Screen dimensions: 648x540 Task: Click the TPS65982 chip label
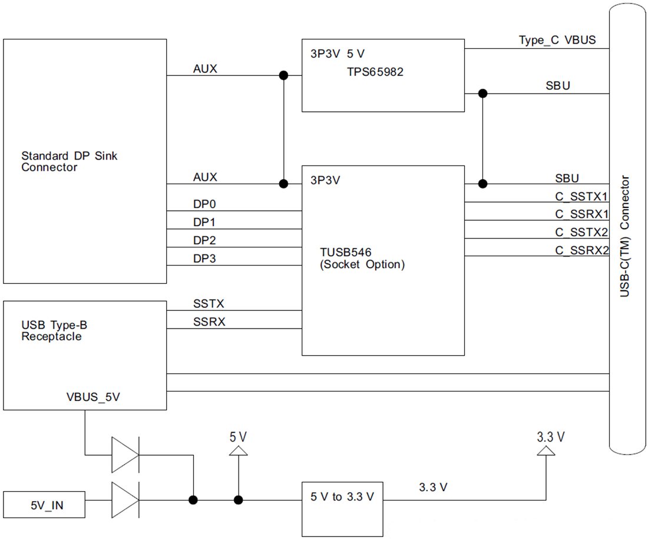pyautogui.click(x=375, y=72)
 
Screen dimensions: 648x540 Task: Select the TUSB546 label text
pyautogui.click(x=345, y=252)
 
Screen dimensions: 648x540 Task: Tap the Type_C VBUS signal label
pyautogui.click(x=557, y=40)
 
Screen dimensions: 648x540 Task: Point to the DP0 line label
pyautogui.click(x=204, y=204)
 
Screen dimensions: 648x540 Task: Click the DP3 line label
pyautogui.click(x=204, y=259)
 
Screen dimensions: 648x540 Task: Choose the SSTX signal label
pyautogui.click(x=209, y=304)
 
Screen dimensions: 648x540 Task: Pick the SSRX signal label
pyautogui.click(x=209, y=322)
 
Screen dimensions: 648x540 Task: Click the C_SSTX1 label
pyautogui.click(x=581, y=197)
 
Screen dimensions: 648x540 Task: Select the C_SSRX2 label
pyautogui.click(x=581, y=251)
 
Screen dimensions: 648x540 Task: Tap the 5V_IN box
pyautogui.click(x=44, y=505)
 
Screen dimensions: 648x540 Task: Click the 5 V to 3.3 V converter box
pyautogui.click(x=342, y=509)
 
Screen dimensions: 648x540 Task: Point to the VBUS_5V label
pyautogui.click(x=93, y=397)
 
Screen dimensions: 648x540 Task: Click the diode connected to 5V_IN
pyautogui.click(x=125, y=500)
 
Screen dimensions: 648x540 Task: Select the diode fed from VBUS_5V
pyautogui.click(x=125, y=455)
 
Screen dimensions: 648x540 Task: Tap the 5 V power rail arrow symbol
pyautogui.click(x=239, y=451)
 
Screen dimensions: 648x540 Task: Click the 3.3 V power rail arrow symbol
pyautogui.click(x=546, y=451)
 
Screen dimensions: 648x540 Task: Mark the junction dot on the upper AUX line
pyautogui.click(x=283, y=75)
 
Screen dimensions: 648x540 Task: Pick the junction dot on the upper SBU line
pyautogui.click(x=482, y=94)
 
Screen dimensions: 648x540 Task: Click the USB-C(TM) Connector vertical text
pyautogui.click(x=624, y=236)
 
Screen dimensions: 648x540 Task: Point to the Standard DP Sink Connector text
pyautogui.click(x=69, y=161)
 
